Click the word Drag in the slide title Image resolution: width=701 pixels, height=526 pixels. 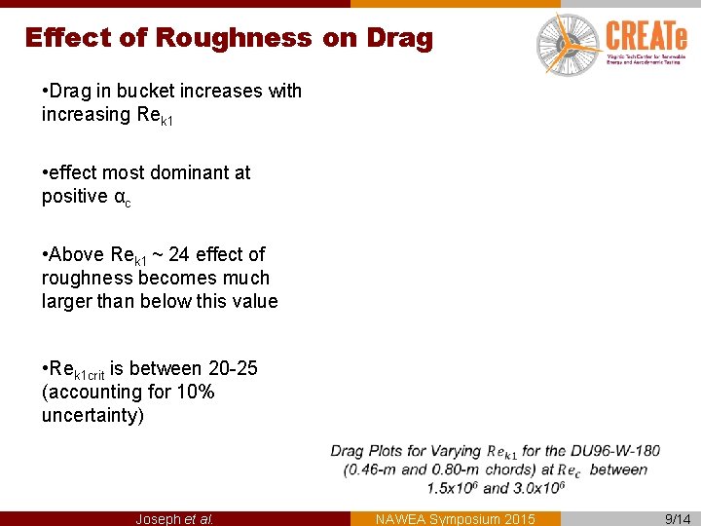pyautogui.click(x=399, y=38)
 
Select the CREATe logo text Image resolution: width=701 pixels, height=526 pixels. pyautogui.click(x=646, y=37)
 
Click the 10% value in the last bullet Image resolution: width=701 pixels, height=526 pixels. pyautogui.click(x=195, y=392)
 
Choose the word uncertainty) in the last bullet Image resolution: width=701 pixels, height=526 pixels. pyautogui.click(x=92, y=415)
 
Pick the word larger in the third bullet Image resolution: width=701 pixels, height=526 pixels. pyautogui.click(x=70, y=301)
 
